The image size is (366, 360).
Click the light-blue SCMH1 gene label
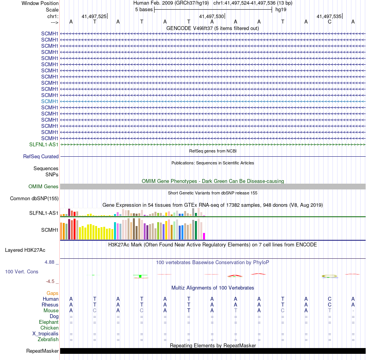(50, 101)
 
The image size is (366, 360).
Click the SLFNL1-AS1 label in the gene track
(44, 144)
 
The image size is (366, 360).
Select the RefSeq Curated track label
(41, 157)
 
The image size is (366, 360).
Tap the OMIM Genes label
(44, 187)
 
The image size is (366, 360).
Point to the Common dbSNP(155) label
(34, 199)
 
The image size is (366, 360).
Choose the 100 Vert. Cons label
(22, 272)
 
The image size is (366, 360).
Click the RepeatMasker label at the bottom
(42, 351)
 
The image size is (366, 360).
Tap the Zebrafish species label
(48, 340)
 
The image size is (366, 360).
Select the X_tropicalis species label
(45, 334)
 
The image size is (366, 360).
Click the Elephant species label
(49, 322)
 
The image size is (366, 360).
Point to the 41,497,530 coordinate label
(211, 17)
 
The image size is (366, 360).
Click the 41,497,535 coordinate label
(329, 17)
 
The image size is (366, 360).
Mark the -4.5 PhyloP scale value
(52, 281)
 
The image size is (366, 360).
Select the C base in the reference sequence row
(329, 22)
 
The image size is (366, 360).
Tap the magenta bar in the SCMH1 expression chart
(204, 236)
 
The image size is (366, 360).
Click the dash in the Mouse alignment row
(353, 311)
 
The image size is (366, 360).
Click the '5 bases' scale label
(144, 9)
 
